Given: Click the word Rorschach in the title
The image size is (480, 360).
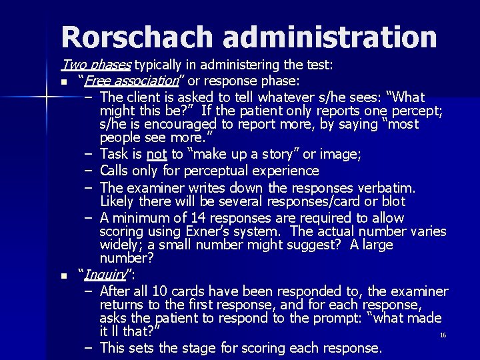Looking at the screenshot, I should click(x=139, y=38).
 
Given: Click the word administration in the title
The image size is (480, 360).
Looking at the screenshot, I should click(x=331, y=38).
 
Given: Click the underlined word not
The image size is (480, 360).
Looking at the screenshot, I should click(x=156, y=154).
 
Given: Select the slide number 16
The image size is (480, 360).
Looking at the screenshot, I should click(x=443, y=335).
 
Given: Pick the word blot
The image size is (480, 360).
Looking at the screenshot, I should click(x=393, y=201).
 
